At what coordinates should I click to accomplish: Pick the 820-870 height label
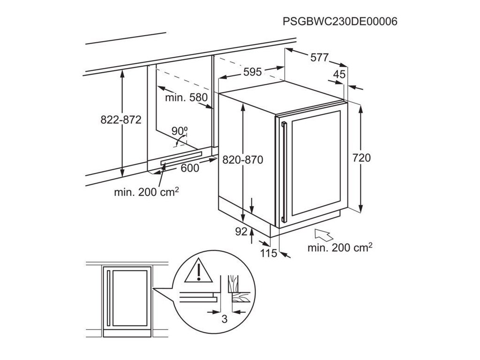243,160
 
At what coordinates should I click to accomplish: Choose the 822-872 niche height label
121,120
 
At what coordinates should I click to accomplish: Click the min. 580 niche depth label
186,98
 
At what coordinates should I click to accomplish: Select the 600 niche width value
189,168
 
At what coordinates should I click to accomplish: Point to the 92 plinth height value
240,231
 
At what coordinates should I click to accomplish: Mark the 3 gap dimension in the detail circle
224,319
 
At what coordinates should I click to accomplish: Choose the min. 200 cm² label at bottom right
340,247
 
